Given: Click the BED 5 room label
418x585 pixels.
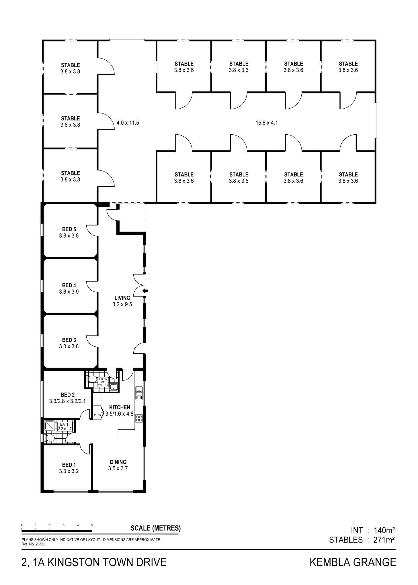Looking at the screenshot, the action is pos(69,229).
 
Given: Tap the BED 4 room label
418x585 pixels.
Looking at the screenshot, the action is pos(69,285).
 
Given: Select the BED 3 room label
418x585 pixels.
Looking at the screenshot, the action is pos(69,340).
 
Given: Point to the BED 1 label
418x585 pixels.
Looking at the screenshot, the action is pos(69,465).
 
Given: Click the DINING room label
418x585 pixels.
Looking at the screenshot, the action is pos(118,462).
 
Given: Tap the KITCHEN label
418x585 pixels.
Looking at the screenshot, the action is pos(120,407).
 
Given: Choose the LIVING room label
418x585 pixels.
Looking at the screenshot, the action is pos(122,298).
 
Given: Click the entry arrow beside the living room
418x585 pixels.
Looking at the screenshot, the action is pos(146,291).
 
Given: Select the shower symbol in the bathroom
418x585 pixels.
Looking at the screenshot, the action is pos(49,426).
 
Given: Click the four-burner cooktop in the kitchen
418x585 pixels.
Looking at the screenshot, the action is pos(139,418).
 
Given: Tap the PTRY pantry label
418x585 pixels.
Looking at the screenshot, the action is pos(98,415).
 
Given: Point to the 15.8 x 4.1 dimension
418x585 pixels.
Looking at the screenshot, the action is pos(267,123).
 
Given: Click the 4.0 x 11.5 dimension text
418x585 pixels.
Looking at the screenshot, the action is pos(128,123).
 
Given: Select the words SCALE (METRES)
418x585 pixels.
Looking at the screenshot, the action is pos(156,528).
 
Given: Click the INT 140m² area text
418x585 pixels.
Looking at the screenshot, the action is pos(373,530).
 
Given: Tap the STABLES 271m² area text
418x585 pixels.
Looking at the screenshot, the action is pos(362,540).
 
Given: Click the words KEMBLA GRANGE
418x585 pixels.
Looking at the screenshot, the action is pos(353,562).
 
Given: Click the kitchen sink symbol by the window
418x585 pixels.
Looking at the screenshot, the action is pos(139,393).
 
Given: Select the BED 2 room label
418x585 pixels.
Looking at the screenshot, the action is pos(68,395).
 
